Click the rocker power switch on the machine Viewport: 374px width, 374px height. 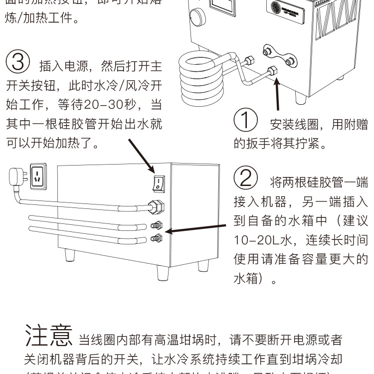point(158,182)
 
